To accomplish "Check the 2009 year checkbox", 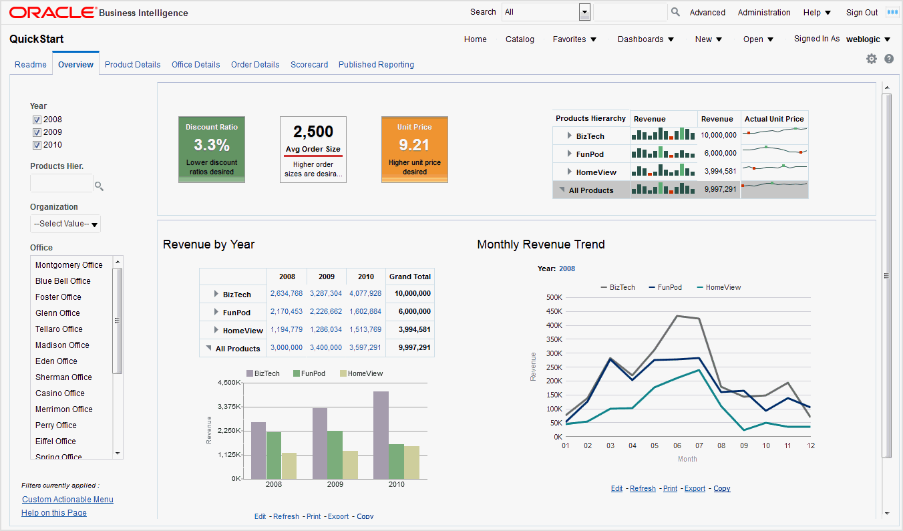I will (x=37, y=132).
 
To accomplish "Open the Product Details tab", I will (x=132, y=65).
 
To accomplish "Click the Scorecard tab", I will (x=309, y=65).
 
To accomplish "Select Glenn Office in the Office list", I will (x=57, y=313).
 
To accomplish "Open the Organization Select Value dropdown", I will (x=65, y=224).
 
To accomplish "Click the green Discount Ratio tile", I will (x=211, y=149).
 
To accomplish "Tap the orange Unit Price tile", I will (x=414, y=149).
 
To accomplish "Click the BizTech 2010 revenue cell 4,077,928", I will (x=365, y=294).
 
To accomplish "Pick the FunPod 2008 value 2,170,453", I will (x=286, y=312).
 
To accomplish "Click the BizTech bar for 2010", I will (x=381, y=435).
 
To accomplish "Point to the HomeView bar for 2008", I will (x=289, y=466).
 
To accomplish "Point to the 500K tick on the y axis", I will (x=554, y=298).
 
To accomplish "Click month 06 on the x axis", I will (x=677, y=446).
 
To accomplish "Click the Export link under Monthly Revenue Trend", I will (x=695, y=489).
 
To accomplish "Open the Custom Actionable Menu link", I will (x=67, y=500).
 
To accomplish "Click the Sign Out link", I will (x=862, y=13).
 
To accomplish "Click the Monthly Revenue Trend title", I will (x=540, y=244).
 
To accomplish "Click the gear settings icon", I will (x=871, y=59).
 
